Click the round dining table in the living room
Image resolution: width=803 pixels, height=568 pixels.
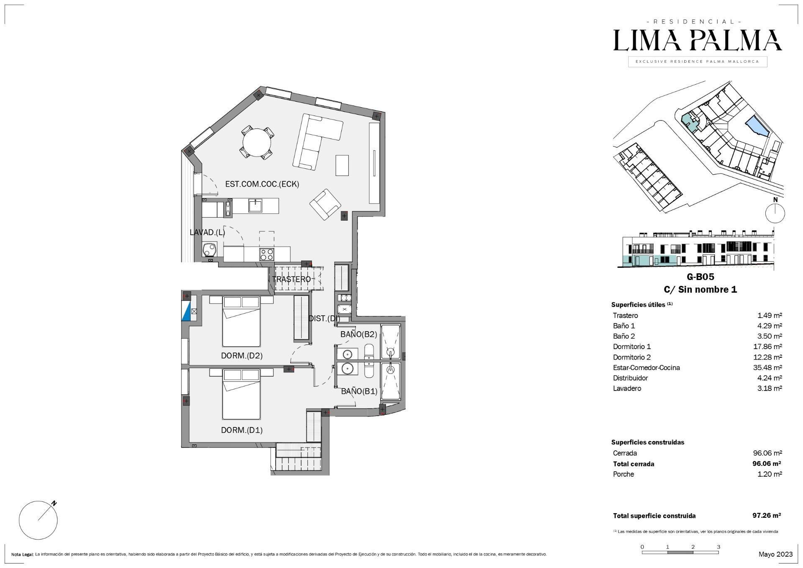pos(257,142)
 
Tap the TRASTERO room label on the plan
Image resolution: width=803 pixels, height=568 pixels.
pos(292,279)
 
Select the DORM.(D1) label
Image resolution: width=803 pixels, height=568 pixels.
pos(242,430)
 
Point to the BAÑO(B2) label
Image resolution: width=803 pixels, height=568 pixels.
pos(359,334)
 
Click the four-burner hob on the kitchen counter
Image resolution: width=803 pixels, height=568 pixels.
pos(267,254)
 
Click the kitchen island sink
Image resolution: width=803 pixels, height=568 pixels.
pos(255,206)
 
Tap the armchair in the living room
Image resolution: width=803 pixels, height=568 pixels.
pos(325,205)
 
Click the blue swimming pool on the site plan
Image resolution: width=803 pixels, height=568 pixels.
pos(757,126)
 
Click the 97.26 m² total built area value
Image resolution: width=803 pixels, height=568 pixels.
pos(767,515)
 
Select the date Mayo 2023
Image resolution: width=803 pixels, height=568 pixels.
pos(775,554)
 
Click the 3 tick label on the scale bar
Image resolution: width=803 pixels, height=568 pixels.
pos(719,547)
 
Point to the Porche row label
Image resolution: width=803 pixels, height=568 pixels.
pos(623,474)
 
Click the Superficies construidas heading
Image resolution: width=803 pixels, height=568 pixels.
pos(648,442)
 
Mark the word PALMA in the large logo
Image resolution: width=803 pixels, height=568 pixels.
pos(736,40)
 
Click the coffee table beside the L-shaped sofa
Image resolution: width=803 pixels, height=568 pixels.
pos(342,165)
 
